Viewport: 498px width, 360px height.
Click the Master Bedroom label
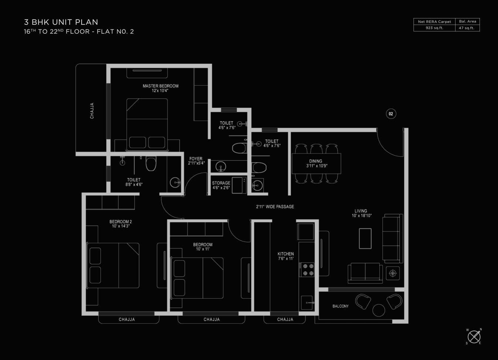160,88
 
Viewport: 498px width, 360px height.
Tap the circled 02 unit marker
391,114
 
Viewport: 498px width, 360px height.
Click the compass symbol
474,337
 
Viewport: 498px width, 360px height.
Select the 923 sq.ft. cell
434,28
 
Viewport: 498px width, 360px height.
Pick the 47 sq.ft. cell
467,28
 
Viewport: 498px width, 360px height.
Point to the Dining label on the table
316,164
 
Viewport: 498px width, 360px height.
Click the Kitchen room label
286,256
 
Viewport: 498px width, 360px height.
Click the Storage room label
221,185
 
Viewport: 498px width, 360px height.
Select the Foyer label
196,161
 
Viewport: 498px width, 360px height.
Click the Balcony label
340,306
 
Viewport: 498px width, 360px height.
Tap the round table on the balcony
379,310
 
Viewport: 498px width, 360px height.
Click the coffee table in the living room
365,239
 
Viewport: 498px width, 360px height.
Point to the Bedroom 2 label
120,224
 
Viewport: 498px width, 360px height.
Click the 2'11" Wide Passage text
275,207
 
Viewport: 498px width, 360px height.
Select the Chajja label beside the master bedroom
92,110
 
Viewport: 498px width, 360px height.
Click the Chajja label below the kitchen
285,319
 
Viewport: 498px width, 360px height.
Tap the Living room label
361,213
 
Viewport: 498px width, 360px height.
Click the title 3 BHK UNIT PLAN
61,22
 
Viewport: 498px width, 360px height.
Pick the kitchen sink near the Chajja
307,303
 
